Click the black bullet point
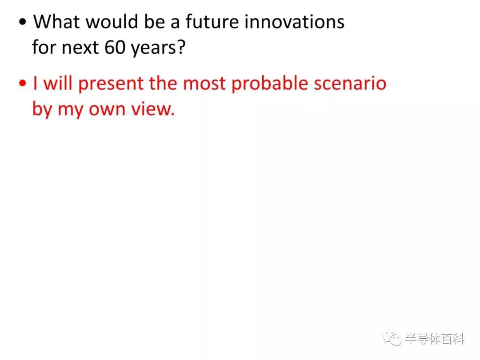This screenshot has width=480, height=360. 23,22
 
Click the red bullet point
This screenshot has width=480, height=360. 23,83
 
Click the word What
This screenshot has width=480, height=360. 56,22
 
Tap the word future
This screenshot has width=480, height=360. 212,22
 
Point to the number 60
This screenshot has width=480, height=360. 115,48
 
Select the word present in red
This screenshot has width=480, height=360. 111,84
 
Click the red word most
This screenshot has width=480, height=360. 204,84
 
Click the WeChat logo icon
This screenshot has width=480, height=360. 392,339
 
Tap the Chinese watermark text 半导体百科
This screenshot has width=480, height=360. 435,339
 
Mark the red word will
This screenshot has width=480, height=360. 58,83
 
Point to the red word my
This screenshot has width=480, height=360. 70,111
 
